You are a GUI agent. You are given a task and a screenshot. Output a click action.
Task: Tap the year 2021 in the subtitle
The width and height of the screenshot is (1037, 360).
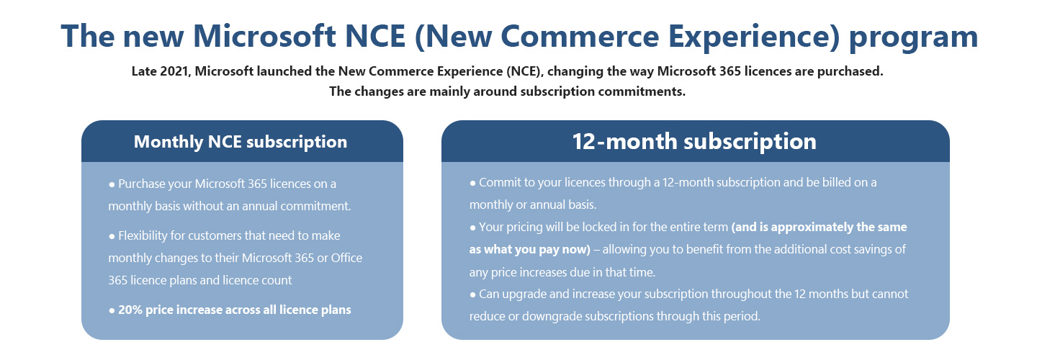(x=175, y=72)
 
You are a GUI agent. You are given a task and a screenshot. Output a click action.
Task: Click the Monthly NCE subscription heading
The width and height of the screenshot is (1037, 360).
(x=241, y=142)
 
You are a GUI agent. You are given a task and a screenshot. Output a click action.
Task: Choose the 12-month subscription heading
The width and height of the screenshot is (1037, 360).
(x=694, y=141)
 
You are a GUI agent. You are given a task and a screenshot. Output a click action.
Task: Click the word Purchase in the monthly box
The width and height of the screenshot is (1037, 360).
(x=143, y=184)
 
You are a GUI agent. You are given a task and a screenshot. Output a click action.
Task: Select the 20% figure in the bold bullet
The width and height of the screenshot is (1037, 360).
(x=130, y=310)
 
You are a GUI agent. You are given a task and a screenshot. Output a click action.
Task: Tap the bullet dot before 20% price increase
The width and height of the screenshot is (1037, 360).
(x=112, y=310)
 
